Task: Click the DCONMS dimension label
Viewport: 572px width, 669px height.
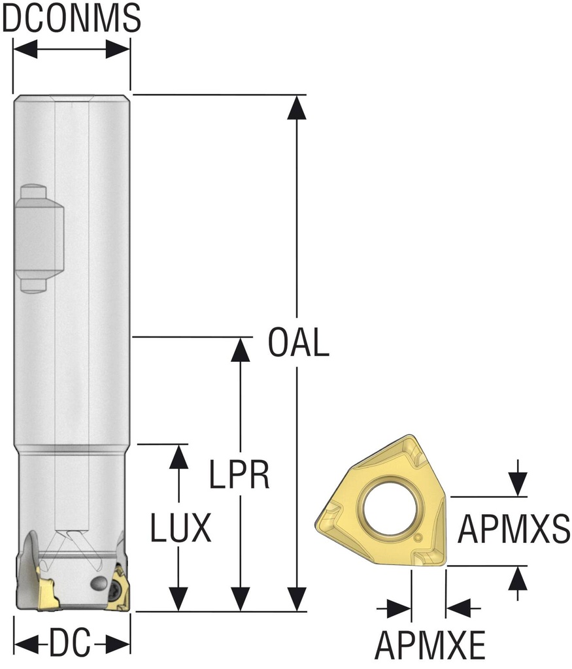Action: point(71,18)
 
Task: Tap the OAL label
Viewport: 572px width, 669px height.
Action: point(298,342)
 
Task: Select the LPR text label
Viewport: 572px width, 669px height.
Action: point(239,474)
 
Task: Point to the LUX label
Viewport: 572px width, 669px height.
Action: point(180,527)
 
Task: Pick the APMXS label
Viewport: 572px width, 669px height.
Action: point(514,529)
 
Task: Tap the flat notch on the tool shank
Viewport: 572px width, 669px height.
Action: point(40,238)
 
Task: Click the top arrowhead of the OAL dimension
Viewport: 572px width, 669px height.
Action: point(296,108)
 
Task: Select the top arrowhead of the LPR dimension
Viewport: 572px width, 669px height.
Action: point(241,350)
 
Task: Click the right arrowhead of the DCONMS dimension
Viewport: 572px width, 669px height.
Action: point(118,50)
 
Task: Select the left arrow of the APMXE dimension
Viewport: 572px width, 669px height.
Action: point(394,608)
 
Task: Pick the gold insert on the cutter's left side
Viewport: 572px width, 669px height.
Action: point(46,590)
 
